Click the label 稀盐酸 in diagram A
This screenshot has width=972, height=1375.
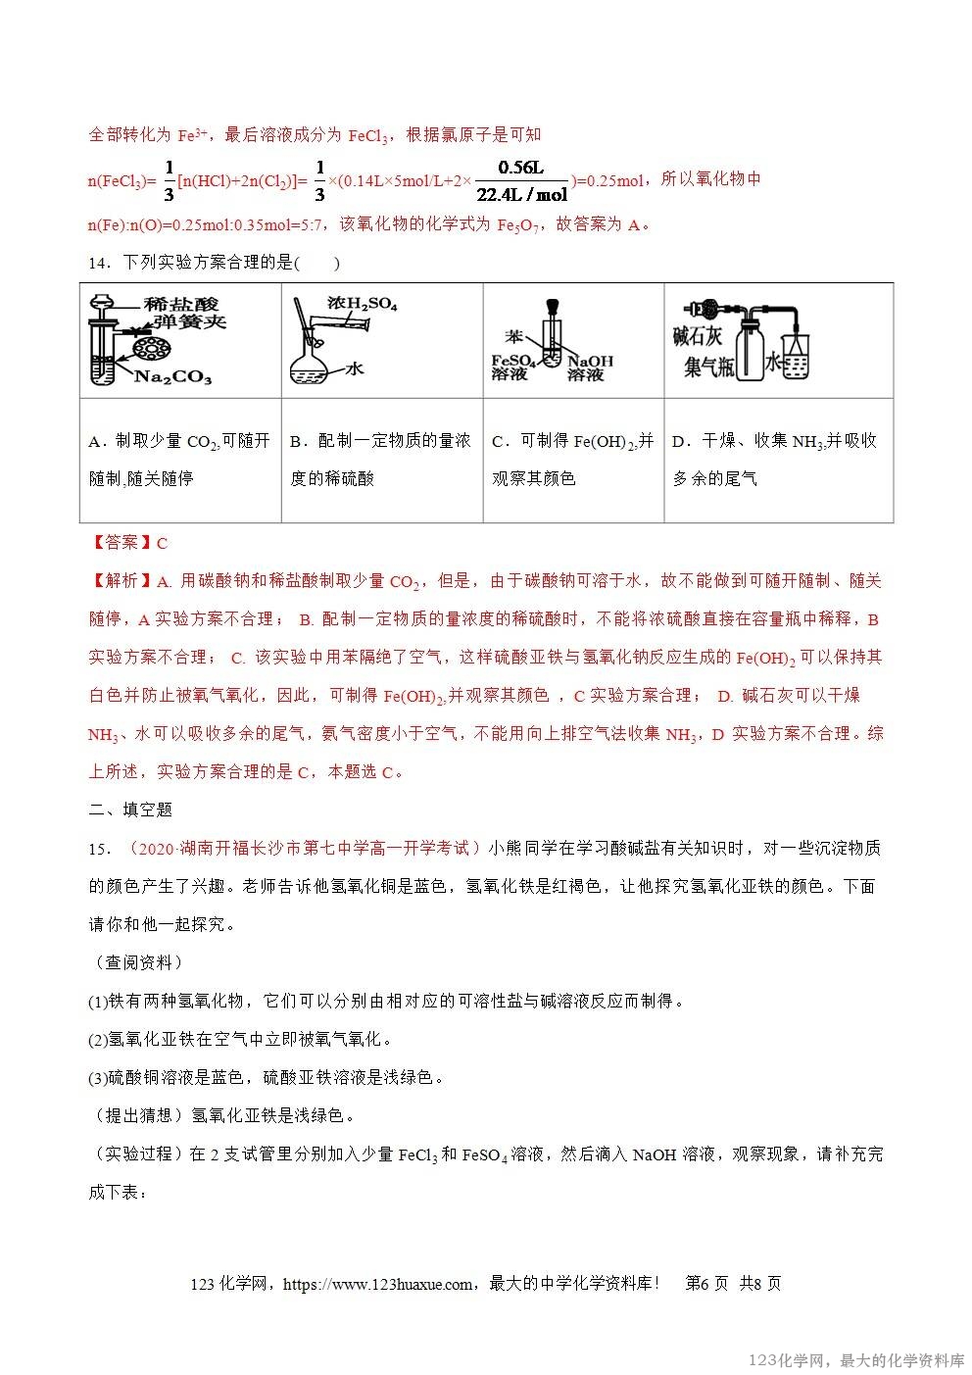click(x=180, y=304)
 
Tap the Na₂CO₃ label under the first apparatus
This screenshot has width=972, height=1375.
click(x=172, y=377)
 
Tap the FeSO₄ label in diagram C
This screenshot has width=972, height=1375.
click(x=510, y=360)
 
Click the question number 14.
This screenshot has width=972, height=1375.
click(x=99, y=263)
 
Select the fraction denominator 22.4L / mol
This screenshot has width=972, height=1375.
click(x=520, y=194)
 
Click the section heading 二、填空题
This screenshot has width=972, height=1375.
click(x=130, y=810)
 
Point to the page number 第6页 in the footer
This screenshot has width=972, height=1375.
click(x=706, y=1284)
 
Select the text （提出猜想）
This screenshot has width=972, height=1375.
click(x=137, y=1115)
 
